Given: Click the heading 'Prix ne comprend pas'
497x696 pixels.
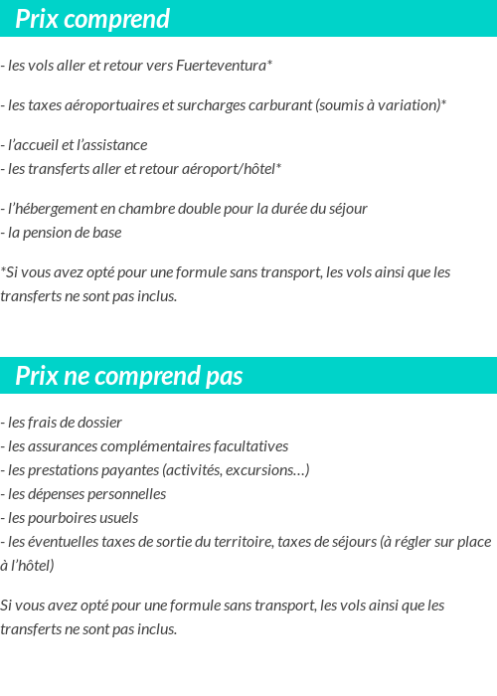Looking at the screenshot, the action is coord(128,377).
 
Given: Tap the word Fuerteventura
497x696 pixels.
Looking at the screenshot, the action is coord(221,67).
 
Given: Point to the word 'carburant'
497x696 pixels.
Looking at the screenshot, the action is coord(279,105).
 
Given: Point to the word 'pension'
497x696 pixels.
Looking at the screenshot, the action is coord(52,233).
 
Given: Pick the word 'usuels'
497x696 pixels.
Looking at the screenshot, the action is coord(118,518).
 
